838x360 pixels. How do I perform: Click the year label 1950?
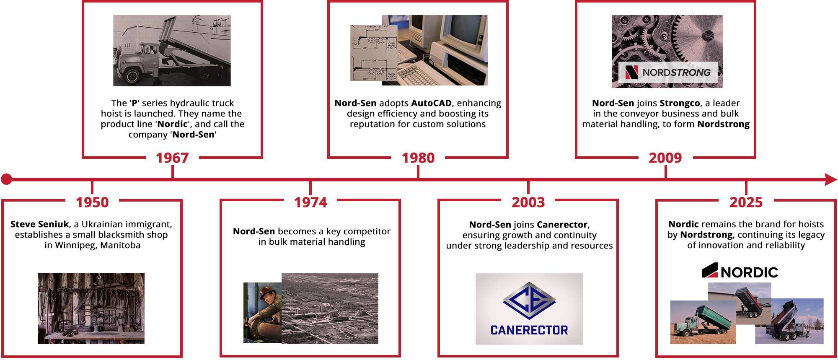tap(92, 202)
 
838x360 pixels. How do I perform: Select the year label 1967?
tap(172, 158)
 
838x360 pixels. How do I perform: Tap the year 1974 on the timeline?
tap(310, 202)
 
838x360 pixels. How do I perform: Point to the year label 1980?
tap(418, 158)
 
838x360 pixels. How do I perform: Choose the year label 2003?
tap(528, 202)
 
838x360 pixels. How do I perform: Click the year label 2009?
tap(665, 158)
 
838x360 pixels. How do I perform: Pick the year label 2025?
tap(746, 202)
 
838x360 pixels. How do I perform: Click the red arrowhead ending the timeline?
tap(831, 179)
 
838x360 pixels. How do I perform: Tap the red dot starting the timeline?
tap(6, 179)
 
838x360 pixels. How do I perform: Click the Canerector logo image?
tap(529, 309)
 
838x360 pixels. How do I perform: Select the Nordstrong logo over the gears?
tap(668, 72)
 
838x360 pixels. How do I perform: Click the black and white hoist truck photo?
tap(172, 51)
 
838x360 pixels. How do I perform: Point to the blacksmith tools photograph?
tap(91, 308)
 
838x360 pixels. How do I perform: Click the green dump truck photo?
tap(703, 322)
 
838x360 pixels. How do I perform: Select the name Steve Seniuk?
tap(40, 224)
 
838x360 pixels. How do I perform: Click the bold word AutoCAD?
tap(432, 103)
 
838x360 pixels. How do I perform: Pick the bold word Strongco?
tap(680, 103)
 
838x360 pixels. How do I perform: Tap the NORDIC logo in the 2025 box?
tap(740, 271)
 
